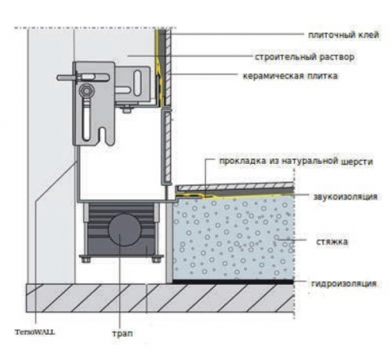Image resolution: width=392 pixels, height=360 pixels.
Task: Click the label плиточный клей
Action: [343, 35]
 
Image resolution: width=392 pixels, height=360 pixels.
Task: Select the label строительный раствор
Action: [304, 56]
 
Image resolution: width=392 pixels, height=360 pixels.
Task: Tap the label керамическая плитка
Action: [290, 76]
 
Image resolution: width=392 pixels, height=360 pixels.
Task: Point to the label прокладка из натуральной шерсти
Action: [296, 161]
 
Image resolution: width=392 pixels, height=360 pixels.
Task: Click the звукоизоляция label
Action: [345, 197]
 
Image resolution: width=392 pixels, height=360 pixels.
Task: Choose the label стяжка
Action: [332, 242]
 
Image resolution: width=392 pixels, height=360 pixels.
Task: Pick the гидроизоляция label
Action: [343, 284]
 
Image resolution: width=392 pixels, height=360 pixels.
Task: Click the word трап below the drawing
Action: [122, 333]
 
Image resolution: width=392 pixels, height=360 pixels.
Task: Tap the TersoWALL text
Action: [34, 333]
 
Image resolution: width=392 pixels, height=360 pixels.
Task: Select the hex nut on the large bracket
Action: [85, 91]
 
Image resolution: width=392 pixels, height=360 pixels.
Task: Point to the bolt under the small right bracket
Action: [127, 109]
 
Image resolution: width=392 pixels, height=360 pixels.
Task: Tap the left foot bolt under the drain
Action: [85, 260]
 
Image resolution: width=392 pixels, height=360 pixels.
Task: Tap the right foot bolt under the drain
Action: [157, 260]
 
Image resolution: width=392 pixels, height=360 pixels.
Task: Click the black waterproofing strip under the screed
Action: [233, 282]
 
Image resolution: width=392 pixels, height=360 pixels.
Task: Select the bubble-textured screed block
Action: [234, 238]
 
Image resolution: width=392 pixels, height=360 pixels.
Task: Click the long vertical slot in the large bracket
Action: [85, 122]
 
